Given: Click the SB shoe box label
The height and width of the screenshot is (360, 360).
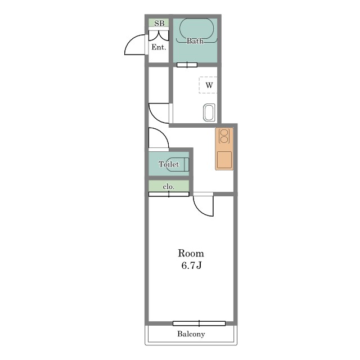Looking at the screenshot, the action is tap(159, 23).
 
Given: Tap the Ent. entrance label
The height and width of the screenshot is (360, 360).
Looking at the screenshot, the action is tap(159, 47).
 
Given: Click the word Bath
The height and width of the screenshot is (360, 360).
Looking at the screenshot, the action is tap(195, 41).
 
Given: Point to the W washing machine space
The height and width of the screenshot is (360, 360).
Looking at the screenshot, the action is tap(208, 85).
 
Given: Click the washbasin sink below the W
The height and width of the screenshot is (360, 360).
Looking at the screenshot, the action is tap(209, 112).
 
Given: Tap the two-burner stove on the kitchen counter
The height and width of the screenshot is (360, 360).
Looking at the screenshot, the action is tap(224, 136).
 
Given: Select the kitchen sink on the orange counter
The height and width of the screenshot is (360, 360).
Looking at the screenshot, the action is tap(224, 160).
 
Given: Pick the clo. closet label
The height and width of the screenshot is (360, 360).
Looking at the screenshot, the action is tap(169, 187).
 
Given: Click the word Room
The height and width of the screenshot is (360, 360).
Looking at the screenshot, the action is tap(191, 253).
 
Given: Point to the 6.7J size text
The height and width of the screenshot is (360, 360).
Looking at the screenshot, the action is tap(191, 265).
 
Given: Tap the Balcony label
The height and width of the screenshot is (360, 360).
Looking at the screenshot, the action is tap(191, 334).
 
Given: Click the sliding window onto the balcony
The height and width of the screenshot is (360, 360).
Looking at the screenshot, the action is tap(199, 323).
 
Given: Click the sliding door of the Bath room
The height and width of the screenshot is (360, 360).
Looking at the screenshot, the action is tap(187, 65).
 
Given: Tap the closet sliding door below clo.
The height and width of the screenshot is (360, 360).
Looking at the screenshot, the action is tap(169, 194).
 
